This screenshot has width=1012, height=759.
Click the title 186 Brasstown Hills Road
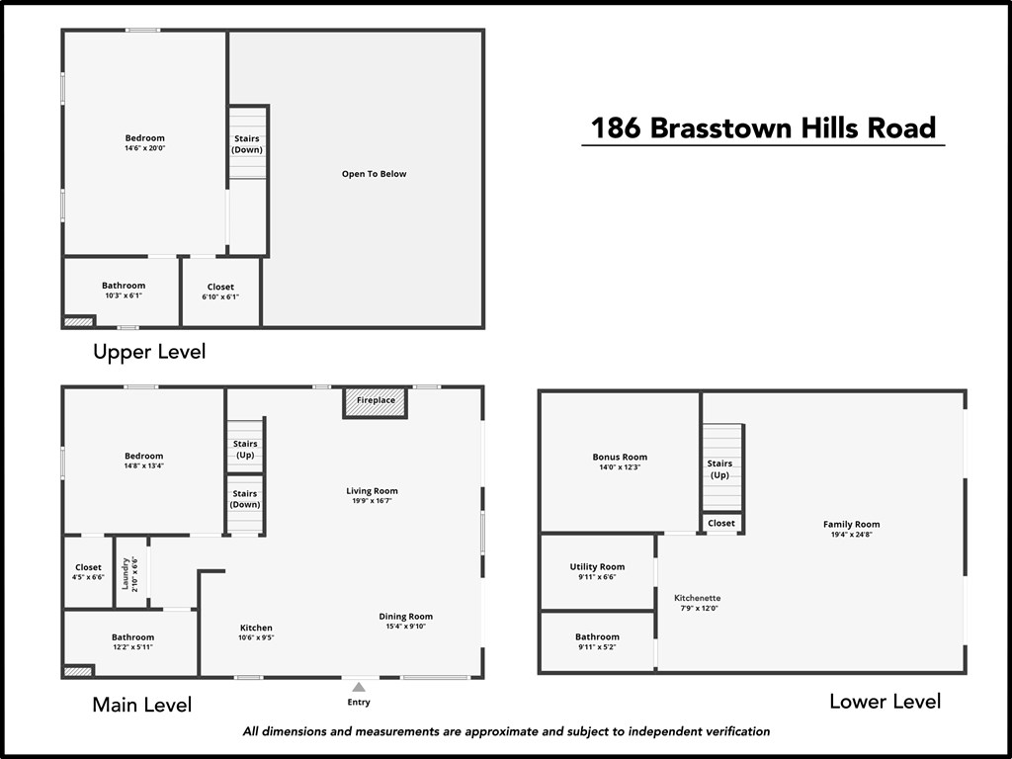pyautogui.click(x=763, y=128)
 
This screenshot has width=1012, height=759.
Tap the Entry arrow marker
pyautogui.click(x=359, y=687)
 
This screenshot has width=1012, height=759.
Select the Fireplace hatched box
pyautogui.click(x=376, y=400)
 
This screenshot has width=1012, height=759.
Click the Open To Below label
pyautogui.click(x=374, y=174)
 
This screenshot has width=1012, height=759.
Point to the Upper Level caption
pyautogui.click(x=149, y=352)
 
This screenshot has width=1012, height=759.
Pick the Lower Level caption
pyautogui.click(x=885, y=702)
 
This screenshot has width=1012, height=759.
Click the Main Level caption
pyautogui.click(x=141, y=705)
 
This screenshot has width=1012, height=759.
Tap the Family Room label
pyautogui.click(x=851, y=525)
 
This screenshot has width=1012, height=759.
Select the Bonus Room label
pyautogui.click(x=620, y=458)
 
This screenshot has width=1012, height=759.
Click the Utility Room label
pyautogui.click(x=597, y=567)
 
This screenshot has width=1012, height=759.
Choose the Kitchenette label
pyautogui.click(x=697, y=598)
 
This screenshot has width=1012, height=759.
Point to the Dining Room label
pyautogui.click(x=406, y=617)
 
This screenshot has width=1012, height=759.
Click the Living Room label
pyautogui.click(x=372, y=491)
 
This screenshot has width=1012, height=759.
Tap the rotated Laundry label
pyautogui.click(x=126, y=572)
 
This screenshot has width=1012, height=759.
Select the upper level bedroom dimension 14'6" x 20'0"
pyautogui.click(x=144, y=148)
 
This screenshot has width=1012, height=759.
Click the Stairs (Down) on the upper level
pyautogui.click(x=247, y=144)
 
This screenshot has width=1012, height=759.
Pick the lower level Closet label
pyautogui.click(x=721, y=523)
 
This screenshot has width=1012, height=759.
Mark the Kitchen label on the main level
pyautogui.click(x=256, y=628)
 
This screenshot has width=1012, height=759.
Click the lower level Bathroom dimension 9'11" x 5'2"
pyautogui.click(x=597, y=647)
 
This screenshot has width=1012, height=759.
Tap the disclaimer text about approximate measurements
pyautogui.click(x=506, y=732)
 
